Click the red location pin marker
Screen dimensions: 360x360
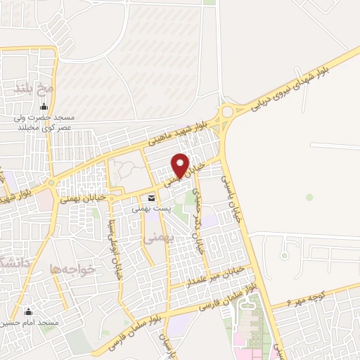pos(181,165)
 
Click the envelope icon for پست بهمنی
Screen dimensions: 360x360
pos(152,198)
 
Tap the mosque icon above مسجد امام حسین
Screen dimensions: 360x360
pos(29,311)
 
